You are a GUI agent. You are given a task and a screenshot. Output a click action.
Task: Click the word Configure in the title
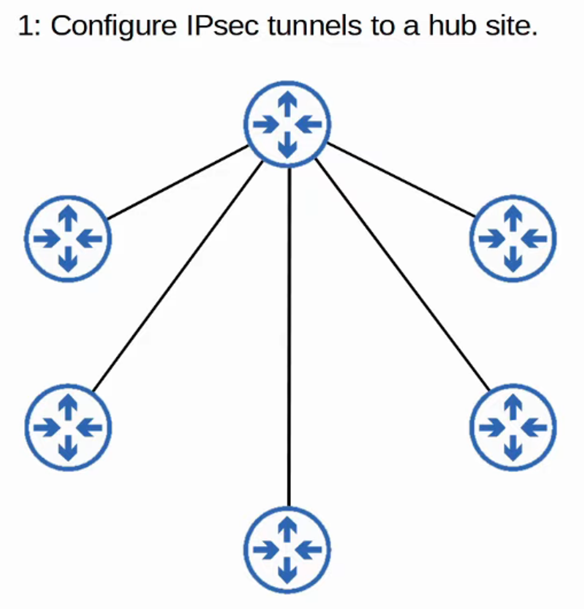coord(109,26)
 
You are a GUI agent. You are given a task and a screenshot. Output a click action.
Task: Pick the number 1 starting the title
coord(24,26)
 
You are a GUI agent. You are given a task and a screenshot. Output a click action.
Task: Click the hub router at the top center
coord(288,124)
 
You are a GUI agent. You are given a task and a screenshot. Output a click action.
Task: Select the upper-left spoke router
coord(68,239)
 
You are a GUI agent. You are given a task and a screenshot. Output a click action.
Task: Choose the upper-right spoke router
coord(512,239)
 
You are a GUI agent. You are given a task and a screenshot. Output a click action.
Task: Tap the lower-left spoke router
coord(68,427)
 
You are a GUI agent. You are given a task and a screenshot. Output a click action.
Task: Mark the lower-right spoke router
coord(512,427)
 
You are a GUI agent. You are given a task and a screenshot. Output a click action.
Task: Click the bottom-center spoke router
coord(288,549)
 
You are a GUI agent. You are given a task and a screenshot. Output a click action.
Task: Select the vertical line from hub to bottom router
coord(289,338)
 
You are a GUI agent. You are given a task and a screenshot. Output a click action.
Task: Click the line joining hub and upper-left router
coord(177,182)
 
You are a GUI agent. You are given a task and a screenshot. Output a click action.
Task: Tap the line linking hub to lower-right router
coord(401,275)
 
